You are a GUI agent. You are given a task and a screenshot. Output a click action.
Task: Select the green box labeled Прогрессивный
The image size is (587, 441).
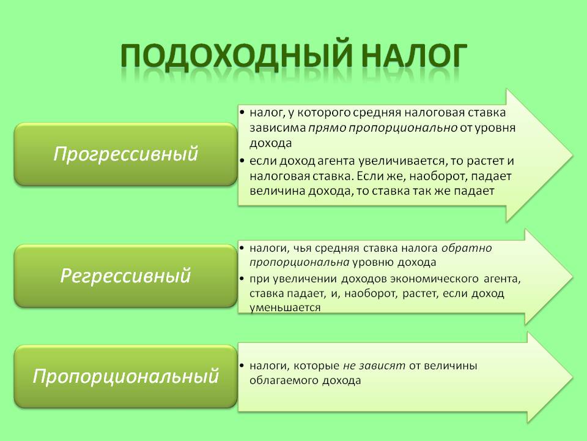click(126, 154)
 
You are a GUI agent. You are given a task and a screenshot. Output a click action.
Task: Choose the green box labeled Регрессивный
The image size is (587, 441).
click(126, 276)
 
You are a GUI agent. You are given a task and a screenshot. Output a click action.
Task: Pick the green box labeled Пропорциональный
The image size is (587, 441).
click(126, 376)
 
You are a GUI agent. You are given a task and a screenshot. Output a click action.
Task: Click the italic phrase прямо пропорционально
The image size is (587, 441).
click(383, 128)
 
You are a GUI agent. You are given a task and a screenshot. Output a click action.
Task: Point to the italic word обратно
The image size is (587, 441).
click(467, 248)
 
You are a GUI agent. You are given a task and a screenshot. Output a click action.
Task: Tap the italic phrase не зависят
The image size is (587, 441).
click(374, 366)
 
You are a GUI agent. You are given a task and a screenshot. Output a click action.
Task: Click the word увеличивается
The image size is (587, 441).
click(402, 161)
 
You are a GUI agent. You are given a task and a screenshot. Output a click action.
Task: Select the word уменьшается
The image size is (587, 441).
click(286, 308)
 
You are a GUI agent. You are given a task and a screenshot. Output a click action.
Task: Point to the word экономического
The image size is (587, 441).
click(434, 279)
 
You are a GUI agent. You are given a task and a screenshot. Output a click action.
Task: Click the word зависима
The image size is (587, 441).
click(278, 128)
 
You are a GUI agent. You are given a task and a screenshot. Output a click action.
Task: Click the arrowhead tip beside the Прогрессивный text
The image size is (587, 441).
click(573, 155)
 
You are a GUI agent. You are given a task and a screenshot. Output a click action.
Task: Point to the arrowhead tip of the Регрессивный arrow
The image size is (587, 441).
click(573, 277)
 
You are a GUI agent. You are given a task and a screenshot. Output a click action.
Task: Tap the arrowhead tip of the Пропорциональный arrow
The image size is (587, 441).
click(573, 377)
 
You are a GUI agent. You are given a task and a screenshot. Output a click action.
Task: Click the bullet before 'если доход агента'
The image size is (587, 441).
click(242, 161)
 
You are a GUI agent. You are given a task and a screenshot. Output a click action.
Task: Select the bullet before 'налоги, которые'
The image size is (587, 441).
click(242, 366)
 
